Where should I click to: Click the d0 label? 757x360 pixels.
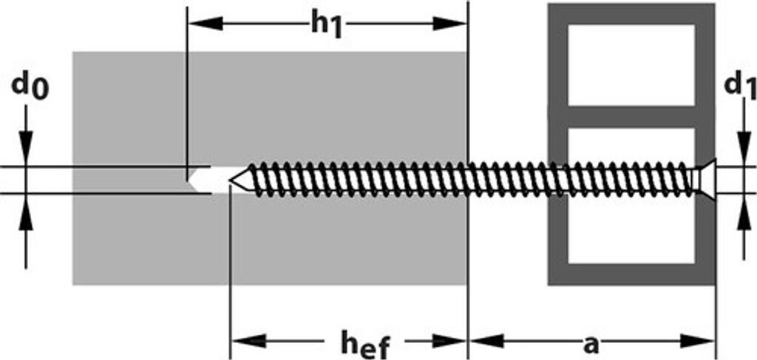30,87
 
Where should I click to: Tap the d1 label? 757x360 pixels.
739,86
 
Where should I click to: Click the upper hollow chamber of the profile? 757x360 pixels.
631,65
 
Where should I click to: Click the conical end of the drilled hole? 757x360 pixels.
195,180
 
